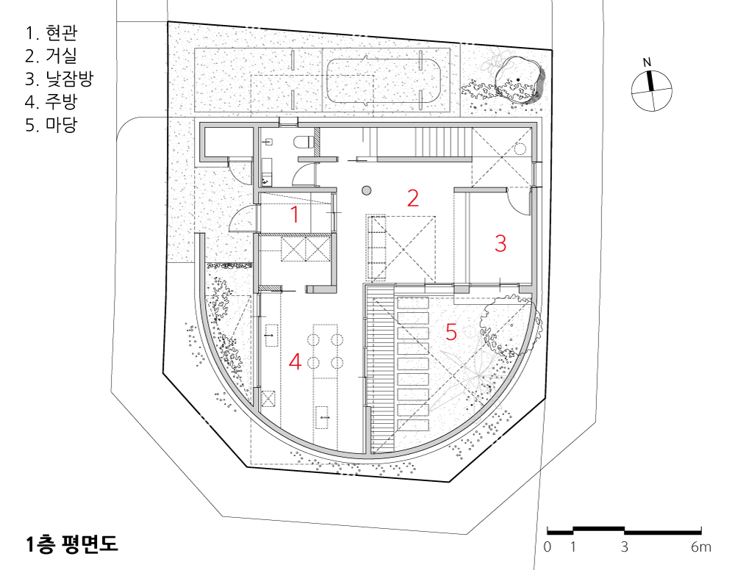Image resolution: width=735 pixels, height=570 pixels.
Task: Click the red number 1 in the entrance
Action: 295,215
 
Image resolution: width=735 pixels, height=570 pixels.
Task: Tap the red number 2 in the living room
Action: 412,198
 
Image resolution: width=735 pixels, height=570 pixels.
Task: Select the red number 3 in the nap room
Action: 501,244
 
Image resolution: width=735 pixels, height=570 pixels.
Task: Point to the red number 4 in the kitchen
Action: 295,361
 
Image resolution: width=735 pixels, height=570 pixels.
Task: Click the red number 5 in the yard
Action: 451,332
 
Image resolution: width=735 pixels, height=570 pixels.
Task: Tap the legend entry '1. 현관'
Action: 51,33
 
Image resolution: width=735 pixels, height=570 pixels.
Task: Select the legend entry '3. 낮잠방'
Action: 60,79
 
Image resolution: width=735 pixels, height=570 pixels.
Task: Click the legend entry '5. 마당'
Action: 51,125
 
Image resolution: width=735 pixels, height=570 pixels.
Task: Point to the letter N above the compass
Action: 647,62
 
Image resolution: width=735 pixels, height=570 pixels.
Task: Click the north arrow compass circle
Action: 651,91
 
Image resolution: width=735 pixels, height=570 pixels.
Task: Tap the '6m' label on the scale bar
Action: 700,547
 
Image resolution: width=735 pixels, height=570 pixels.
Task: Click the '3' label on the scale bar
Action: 624,547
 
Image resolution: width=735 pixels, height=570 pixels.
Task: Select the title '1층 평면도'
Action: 72,544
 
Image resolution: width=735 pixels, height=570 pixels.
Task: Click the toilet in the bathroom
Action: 302,142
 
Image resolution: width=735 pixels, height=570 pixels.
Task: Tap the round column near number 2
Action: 367,190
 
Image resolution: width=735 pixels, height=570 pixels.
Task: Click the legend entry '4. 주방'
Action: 51,101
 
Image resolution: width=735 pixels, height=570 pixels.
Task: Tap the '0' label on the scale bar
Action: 548,547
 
